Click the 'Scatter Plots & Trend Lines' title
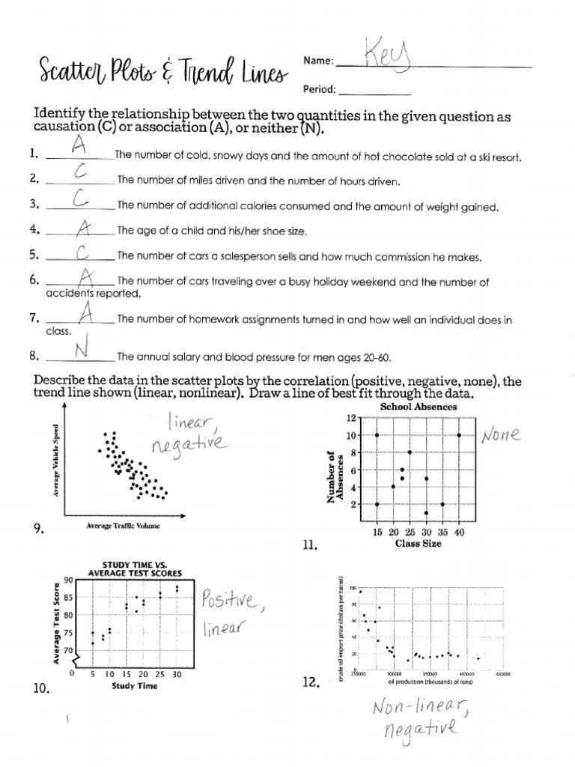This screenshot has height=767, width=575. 161,72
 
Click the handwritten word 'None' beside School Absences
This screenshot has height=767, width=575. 503,434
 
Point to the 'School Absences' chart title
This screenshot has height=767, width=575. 419,407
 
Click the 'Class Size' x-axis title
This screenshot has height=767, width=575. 418,543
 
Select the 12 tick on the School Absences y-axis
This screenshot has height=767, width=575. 349,417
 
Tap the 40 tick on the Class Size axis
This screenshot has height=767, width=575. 459,532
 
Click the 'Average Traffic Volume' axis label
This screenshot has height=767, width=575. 122,526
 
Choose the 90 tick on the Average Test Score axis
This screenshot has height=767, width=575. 69,580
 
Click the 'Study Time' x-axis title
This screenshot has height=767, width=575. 134,686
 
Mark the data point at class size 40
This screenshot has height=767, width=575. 459,434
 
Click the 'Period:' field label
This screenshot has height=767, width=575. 317,89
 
